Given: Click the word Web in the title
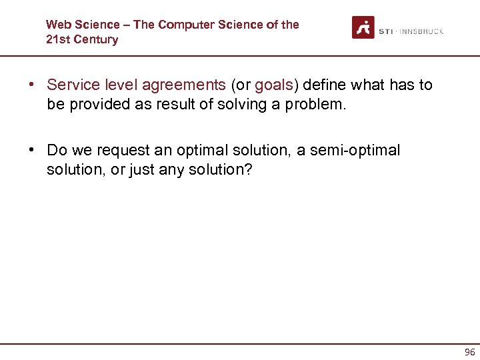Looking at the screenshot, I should point(58,25).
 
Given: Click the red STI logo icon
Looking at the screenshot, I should point(363,27).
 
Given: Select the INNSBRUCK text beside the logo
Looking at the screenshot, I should point(421,31).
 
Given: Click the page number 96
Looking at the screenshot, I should point(469,352).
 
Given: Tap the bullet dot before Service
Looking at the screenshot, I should point(31,85).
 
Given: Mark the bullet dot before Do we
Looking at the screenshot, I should point(31,151).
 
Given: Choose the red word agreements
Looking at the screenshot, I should point(183,85).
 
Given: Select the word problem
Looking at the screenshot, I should point(314,104).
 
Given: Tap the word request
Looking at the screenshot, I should point(124,151).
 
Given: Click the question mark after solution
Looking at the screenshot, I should point(249,169).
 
